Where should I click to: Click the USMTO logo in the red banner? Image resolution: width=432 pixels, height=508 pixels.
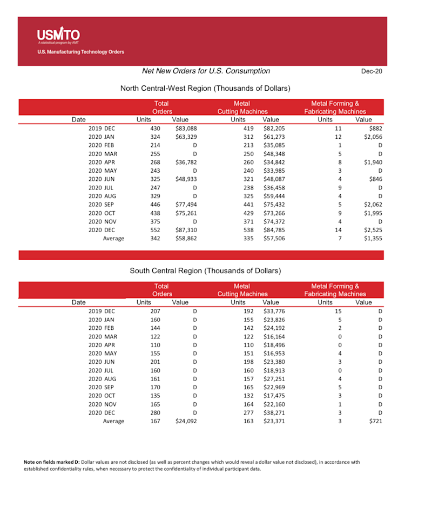[58, 36]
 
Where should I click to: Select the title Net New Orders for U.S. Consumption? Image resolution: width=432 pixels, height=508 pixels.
[206, 71]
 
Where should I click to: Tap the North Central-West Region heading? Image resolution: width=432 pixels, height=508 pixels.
[205, 88]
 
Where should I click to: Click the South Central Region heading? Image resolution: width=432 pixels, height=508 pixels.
[205, 270]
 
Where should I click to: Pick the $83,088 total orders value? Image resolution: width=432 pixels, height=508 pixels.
[186, 129]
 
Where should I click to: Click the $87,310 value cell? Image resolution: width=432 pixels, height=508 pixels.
[186, 230]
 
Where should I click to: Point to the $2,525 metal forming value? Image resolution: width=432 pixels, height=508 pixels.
[373, 230]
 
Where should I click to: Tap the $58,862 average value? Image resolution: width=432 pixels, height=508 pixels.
[186, 239]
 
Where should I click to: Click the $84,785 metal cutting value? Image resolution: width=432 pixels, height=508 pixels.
[274, 230]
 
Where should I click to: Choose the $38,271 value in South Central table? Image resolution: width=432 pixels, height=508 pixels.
[274, 413]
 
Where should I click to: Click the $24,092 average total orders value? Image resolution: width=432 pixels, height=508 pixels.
[186, 422]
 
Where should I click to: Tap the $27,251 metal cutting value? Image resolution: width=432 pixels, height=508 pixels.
[274, 379]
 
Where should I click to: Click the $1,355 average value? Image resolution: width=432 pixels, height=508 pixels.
[373, 239]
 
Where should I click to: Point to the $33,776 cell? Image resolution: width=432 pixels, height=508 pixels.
[274, 311]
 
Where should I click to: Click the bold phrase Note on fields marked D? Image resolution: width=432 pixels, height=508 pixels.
[52, 462]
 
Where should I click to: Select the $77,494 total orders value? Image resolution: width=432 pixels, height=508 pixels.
[186, 205]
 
